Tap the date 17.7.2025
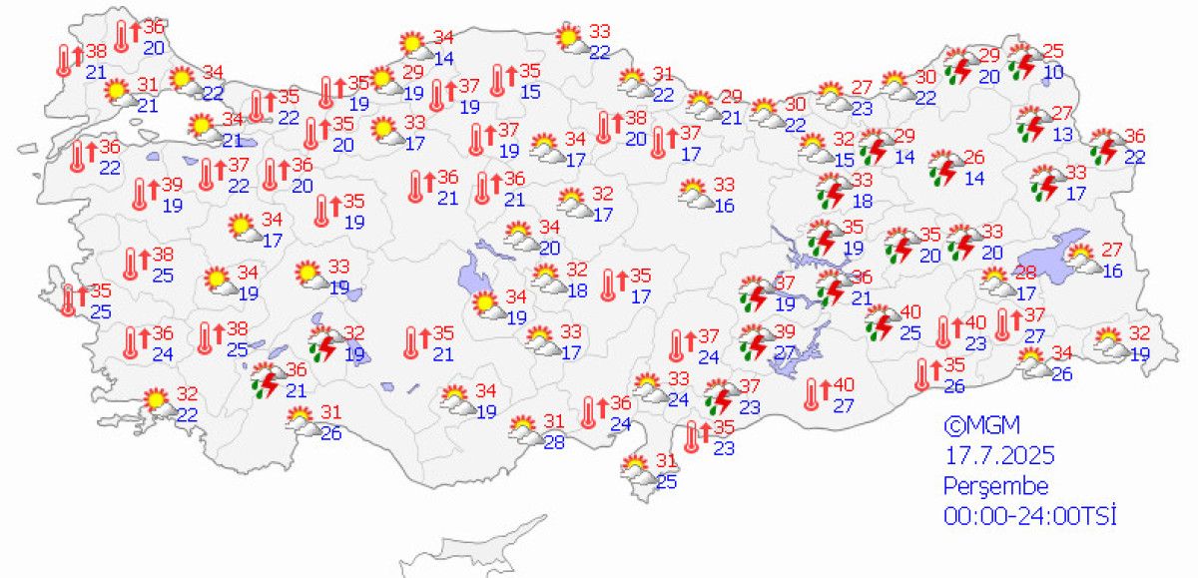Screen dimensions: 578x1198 pyautogui.click(x=999, y=457)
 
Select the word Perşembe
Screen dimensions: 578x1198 pyautogui.click(x=996, y=487)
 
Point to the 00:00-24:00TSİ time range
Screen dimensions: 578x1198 pyautogui.click(x=1029, y=517)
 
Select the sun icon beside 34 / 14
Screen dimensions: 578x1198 pyautogui.click(x=412, y=45)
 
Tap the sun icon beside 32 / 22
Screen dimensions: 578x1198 pyautogui.click(x=157, y=402)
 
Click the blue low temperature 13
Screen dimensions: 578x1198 pyautogui.click(x=1062, y=133)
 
